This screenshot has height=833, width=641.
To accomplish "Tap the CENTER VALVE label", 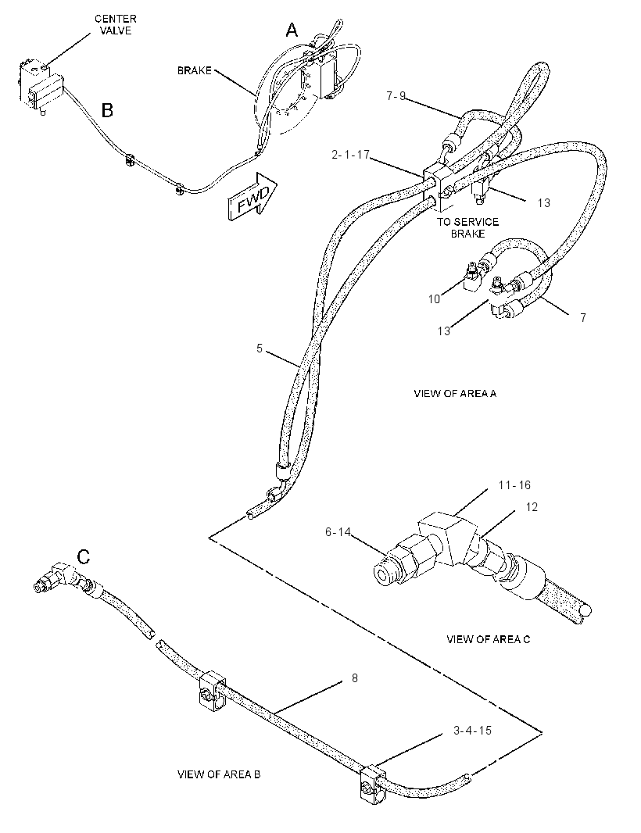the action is point(116,24).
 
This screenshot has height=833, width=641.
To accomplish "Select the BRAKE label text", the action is point(194,70).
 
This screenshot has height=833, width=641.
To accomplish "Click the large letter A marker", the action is point(292,30).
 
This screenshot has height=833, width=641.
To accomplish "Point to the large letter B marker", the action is point(107,110).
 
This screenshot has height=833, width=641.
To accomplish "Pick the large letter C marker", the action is point(84,556).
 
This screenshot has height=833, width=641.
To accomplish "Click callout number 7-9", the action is point(396,96).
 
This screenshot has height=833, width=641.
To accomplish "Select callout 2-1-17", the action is point(350,156).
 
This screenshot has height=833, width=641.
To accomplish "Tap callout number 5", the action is point(260,349).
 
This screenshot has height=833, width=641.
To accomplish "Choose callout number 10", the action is point(435,299).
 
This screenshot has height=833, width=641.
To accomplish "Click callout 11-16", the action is point(514,485).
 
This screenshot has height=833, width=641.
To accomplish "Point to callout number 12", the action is point(532,507).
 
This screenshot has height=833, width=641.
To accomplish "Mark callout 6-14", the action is point(338,531).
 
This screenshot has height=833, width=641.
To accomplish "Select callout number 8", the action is point(355,678).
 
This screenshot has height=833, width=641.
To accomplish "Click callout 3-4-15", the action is point(472,731).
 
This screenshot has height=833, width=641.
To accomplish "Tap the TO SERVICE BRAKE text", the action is point(467,227).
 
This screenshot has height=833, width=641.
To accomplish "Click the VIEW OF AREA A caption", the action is point(455,394).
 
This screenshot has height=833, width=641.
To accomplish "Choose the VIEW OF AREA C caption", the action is point(488,639).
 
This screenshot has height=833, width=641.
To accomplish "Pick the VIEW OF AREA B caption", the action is point(218,774).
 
